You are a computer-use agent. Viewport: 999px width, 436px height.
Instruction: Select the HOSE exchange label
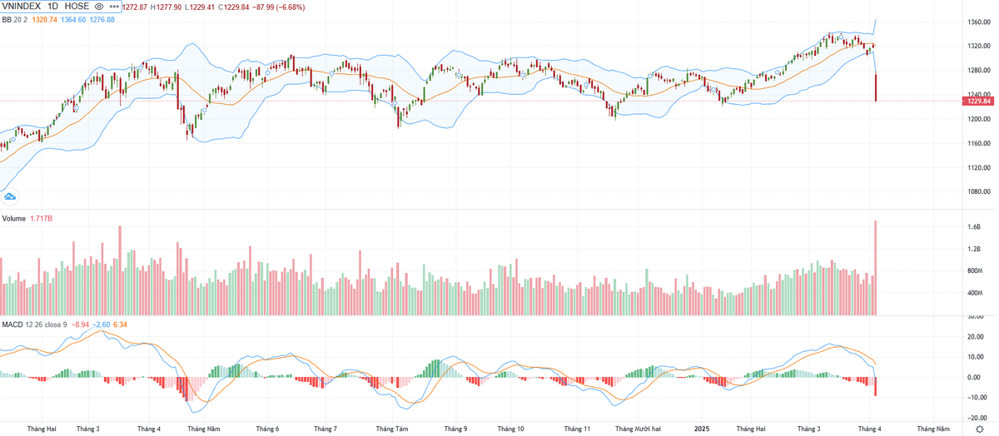point(76,7)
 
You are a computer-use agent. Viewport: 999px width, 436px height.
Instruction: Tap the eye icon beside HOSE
point(98,7)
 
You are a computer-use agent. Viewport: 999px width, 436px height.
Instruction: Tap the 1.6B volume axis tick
point(973,227)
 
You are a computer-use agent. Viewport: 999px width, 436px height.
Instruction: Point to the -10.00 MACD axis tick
point(975,397)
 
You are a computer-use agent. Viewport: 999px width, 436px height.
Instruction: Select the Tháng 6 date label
point(266,429)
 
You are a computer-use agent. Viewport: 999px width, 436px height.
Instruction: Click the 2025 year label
point(703,429)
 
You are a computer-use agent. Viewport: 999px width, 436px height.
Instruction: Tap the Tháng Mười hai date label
point(638,429)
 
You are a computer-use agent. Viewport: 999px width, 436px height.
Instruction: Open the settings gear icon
point(979,429)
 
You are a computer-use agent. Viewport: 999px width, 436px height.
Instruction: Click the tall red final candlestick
point(876,87)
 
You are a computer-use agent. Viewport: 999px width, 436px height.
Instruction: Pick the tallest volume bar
point(876,266)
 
